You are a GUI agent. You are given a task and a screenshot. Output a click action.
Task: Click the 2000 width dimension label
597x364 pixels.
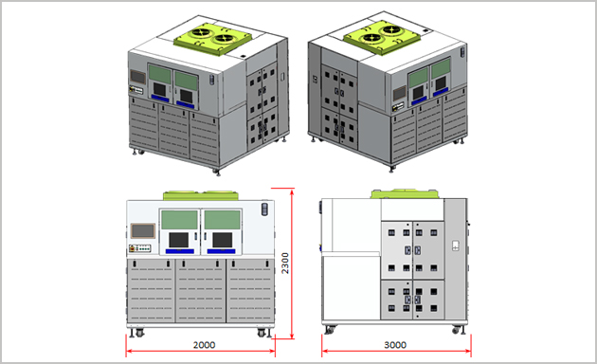[x=204, y=345]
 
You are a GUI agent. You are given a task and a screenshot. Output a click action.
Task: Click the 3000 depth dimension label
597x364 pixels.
[x=395, y=345]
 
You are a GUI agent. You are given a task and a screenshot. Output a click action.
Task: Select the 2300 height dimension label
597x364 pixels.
[x=285, y=264]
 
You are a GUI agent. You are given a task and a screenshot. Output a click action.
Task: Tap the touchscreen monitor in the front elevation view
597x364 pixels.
[x=143, y=230]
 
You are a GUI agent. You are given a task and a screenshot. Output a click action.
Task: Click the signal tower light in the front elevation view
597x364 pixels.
[x=264, y=209]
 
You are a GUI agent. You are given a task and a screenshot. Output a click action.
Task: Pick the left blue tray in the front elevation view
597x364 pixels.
[x=180, y=251]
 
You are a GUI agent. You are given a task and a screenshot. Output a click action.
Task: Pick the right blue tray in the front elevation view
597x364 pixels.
[x=221, y=251]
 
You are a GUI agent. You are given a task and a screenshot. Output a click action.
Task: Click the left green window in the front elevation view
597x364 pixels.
[x=179, y=220]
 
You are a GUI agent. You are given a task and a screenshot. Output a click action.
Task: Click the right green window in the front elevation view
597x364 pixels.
[x=223, y=220]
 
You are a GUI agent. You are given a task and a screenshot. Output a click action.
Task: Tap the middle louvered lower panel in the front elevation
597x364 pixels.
[x=201, y=291]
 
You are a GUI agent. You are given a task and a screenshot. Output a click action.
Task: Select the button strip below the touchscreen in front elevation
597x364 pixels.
[x=140, y=248]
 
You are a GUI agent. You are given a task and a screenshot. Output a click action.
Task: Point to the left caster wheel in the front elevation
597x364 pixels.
[x=139, y=333]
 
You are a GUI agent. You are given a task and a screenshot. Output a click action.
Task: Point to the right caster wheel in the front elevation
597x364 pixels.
[x=262, y=333]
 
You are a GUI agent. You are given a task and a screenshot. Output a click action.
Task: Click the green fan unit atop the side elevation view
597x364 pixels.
[x=405, y=193]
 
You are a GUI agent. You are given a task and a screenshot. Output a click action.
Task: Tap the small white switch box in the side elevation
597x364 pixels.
[x=456, y=246]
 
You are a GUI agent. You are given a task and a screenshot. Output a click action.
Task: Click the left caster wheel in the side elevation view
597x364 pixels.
[x=330, y=330]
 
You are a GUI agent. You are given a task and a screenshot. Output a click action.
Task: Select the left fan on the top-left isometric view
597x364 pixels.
[x=201, y=32]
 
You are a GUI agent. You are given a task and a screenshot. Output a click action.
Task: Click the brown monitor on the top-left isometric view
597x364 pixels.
[x=137, y=77]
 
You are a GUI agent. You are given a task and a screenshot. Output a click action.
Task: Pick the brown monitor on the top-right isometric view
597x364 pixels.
[x=399, y=93]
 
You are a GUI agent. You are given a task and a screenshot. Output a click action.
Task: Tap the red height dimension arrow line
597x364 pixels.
[x=292, y=264]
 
